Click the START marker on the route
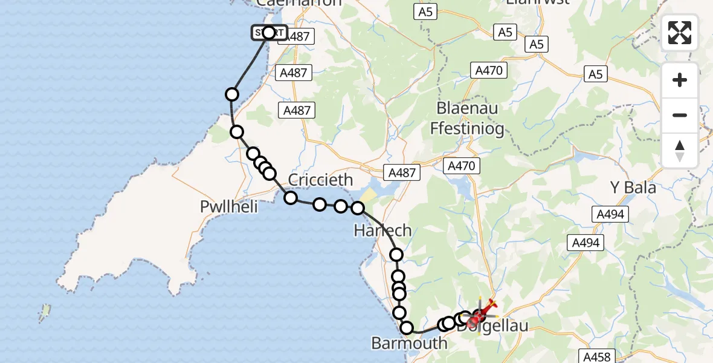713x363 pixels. [x=269, y=33]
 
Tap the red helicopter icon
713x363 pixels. [x=483, y=312]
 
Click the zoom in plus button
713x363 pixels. [x=680, y=80]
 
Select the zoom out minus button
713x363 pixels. [x=680, y=115]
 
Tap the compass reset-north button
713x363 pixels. [x=680, y=150]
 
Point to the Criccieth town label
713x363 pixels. [x=320, y=180]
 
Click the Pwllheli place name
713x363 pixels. [x=229, y=207]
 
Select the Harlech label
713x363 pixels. [x=383, y=231]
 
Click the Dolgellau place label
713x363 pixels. [x=492, y=327]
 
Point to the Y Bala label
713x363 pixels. [x=632, y=188]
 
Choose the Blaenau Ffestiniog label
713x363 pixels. [x=466, y=119]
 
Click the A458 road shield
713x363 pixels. [x=598, y=356]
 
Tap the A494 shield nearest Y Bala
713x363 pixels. [x=610, y=214]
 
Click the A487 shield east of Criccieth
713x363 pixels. [x=402, y=172]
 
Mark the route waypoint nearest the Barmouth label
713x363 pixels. [x=407, y=328]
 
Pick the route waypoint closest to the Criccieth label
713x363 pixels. [x=291, y=198]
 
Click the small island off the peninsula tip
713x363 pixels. [x=45, y=312]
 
